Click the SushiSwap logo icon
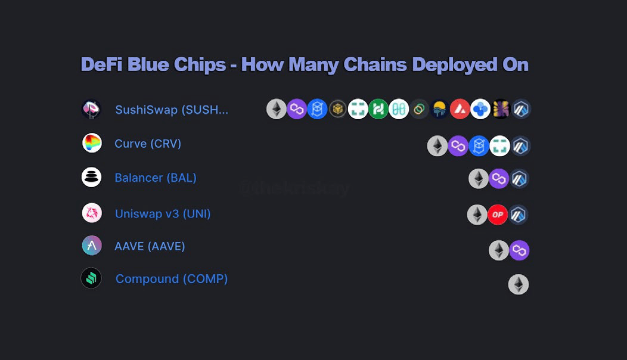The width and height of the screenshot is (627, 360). pyautogui.click(x=91, y=110)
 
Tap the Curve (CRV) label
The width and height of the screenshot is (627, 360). pyautogui.click(x=148, y=144)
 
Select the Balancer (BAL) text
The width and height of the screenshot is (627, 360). pyautogui.click(x=156, y=178)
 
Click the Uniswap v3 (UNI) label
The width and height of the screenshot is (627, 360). pyautogui.click(x=163, y=213)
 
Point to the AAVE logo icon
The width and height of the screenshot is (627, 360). pyautogui.click(x=92, y=246)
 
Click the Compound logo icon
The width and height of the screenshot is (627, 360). pyautogui.click(x=91, y=278)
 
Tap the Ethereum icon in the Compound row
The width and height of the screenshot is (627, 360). pyautogui.click(x=519, y=284)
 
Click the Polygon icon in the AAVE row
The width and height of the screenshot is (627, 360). pyautogui.click(x=519, y=250)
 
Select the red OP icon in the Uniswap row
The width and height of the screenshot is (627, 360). pyautogui.click(x=498, y=215)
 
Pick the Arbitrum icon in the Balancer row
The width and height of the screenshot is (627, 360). pyautogui.click(x=519, y=179)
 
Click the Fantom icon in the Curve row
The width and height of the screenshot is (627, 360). pyautogui.click(x=479, y=146)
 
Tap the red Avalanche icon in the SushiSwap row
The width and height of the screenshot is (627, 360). pyautogui.click(x=460, y=109)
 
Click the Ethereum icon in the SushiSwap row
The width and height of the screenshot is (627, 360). pyautogui.click(x=277, y=109)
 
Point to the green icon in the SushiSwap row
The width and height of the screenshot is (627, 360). pyautogui.click(x=378, y=109)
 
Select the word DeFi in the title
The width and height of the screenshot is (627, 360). pyautogui.click(x=101, y=64)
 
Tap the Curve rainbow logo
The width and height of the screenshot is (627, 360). pyautogui.click(x=92, y=143)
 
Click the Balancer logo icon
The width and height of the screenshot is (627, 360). pyautogui.click(x=91, y=177)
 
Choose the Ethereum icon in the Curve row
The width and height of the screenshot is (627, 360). pyautogui.click(x=437, y=146)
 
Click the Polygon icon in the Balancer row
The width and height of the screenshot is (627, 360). pyautogui.click(x=499, y=179)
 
